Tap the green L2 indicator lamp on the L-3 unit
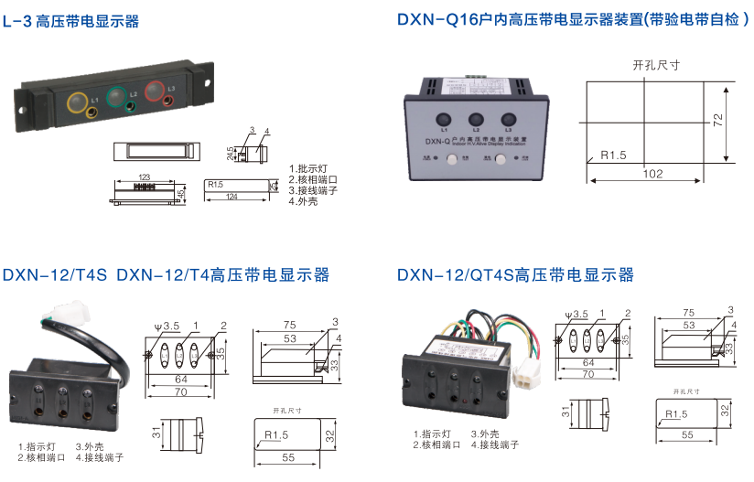click(x=116, y=94)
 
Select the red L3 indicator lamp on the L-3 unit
click(x=156, y=91)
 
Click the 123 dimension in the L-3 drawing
click(x=144, y=176)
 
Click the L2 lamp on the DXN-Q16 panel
click(x=476, y=119)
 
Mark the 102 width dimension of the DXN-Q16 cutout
click(x=652, y=174)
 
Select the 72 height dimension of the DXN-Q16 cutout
click(x=719, y=119)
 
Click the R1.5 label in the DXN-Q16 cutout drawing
click(x=613, y=155)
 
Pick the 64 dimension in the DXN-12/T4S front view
click(x=181, y=378)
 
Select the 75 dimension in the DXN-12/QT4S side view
click(x=688, y=312)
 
